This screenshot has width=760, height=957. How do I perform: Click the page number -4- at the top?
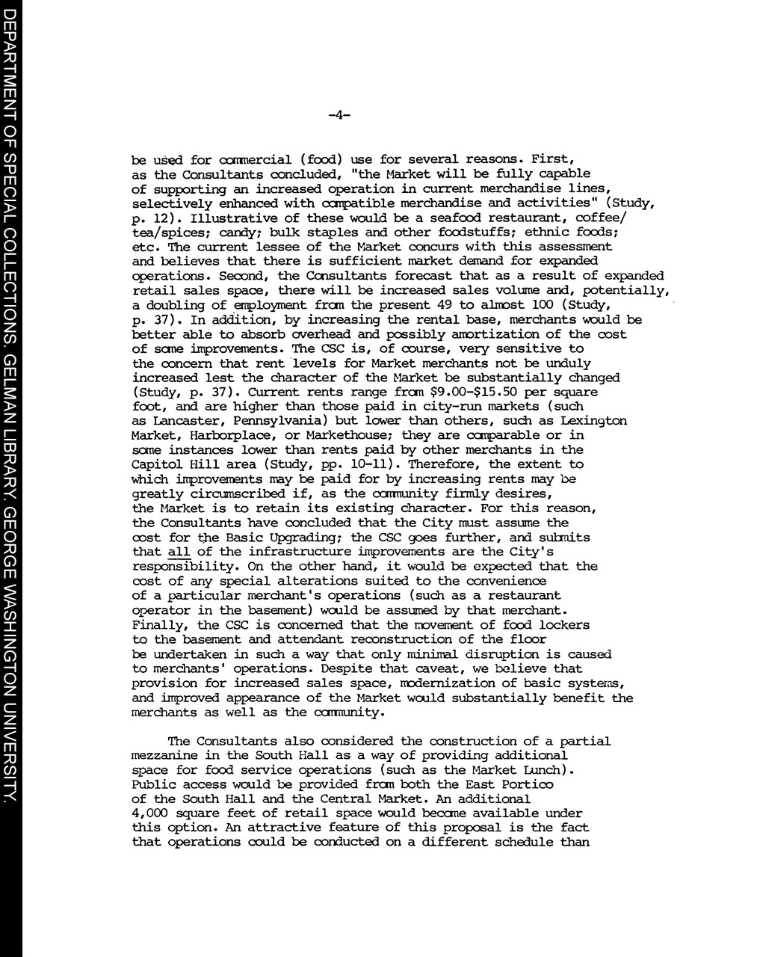click(x=339, y=115)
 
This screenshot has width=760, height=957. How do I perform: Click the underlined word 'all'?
click(x=179, y=552)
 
